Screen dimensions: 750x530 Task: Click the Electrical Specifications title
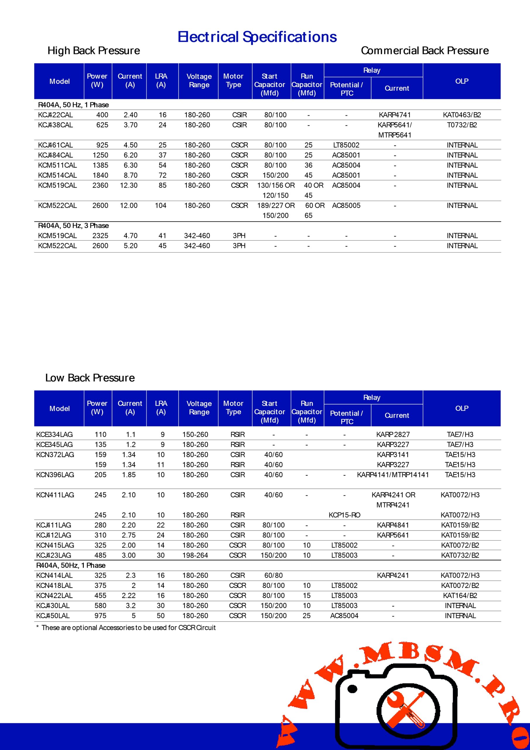point(257,37)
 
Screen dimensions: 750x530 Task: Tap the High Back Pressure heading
point(94,51)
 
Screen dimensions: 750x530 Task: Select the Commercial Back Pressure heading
point(425,51)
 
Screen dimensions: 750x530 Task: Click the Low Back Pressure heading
point(90,378)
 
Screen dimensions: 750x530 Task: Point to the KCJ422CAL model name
point(56,115)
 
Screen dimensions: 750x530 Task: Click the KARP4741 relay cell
point(394,115)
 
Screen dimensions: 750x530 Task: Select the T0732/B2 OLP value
point(462,125)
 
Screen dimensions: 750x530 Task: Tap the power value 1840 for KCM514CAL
point(100,175)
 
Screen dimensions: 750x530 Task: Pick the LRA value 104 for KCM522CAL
point(160,205)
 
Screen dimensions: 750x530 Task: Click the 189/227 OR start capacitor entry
point(276,205)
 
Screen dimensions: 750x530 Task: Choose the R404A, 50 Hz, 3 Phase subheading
point(73,226)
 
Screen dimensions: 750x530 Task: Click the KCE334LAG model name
point(54,434)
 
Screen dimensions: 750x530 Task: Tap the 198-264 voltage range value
point(195,555)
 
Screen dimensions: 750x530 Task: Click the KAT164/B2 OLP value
point(460,596)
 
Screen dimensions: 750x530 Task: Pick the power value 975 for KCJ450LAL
point(100,616)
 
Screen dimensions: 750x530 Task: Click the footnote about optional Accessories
point(126,628)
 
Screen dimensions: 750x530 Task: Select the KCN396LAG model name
point(55,475)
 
